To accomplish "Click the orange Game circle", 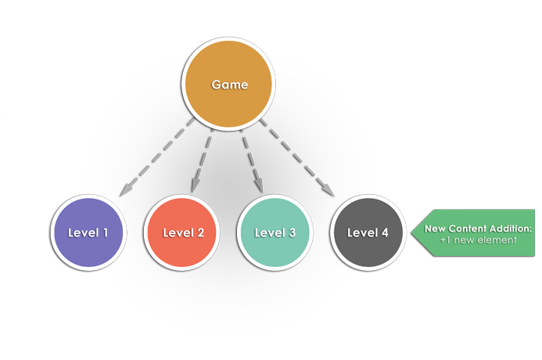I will pyautogui.click(x=229, y=85).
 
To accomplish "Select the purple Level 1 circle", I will pyautogui.click(x=88, y=232).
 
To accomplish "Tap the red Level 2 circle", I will pyautogui.click(x=183, y=232).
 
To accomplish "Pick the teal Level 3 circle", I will pyautogui.click(x=275, y=232).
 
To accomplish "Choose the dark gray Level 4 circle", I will pyautogui.click(x=368, y=232).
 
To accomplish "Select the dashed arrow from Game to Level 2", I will pyautogui.click(x=203, y=157).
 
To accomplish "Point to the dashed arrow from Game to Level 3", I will pyautogui.click(x=252, y=157).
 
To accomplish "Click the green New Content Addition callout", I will pyautogui.click(x=474, y=233).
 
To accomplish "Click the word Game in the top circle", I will pyautogui.click(x=229, y=85).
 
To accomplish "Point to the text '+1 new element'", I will pyautogui.click(x=478, y=239).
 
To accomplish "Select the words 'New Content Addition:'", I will pyautogui.click(x=478, y=229).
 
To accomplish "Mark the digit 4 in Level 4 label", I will pyautogui.click(x=384, y=232).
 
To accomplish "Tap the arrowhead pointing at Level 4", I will pyautogui.click(x=329, y=190).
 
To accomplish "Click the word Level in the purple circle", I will pyautogui.click(x=83, y=232).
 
